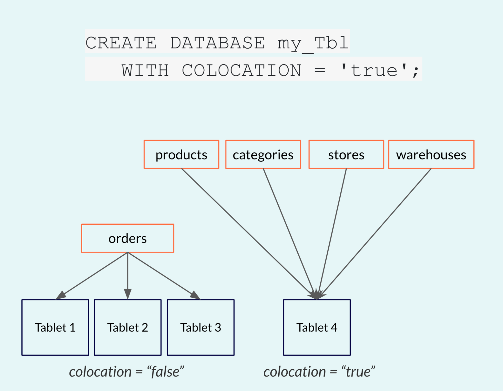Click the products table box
click(x=181, y=154)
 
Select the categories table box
click(x=263, y=154)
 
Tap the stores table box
click(x=346, y=154)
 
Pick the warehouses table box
click(x=431, y=154)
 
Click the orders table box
click(x=128, y=238)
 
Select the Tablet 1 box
click(x=55, y=327)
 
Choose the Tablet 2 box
click(x=128, y=327)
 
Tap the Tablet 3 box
click(x=201, y=327)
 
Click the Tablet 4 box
click(x=317, y=327)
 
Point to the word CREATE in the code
click(x=121, y=43)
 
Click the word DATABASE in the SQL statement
click(x=218, y=43)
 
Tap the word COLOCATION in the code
click(x=241, y=70)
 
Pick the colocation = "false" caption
click(x=127, y=372)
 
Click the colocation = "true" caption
click(x=319, y=372)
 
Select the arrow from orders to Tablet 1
click(x=92, y=276)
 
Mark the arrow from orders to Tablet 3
click(x=164, y=276)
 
